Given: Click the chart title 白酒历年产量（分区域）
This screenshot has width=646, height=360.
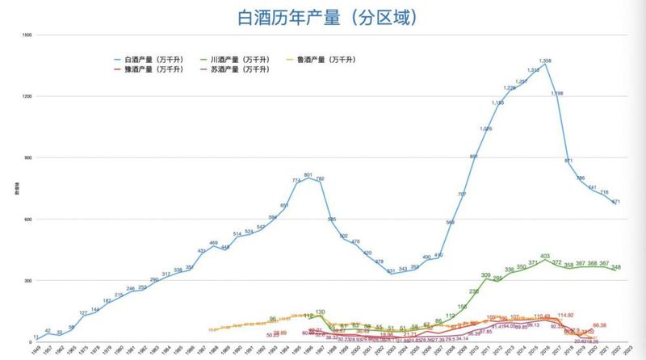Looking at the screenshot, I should click(x=322, y=17).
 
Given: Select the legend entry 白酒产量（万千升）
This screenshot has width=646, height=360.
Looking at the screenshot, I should click(x=154, y=60).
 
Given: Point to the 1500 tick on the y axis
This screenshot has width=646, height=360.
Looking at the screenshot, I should click(x=27, y=35).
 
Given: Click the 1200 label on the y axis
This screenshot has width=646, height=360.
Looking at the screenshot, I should click(x=27, y=97).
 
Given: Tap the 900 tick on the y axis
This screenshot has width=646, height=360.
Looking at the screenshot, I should click(x=27, y=158).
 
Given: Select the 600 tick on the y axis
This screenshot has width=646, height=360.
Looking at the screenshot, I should click(x=27, y=220).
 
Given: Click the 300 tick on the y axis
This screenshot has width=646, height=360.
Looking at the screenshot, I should click(x=27, y=281).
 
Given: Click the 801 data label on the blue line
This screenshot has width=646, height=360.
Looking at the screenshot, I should click(x=308, y=174).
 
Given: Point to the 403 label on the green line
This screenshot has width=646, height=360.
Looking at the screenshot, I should click(x=545, y=256).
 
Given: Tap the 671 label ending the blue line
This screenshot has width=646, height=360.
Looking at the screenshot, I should click(x=615, y=201).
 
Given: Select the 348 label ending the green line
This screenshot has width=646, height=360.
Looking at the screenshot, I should click(x=616, y=267).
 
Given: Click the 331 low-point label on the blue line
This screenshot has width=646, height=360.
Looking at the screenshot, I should click(x=390, y=271).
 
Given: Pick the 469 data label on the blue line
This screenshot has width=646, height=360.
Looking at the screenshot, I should click(x=213, y=243).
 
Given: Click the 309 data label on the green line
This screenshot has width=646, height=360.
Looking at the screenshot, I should click(x=486, y=275).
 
